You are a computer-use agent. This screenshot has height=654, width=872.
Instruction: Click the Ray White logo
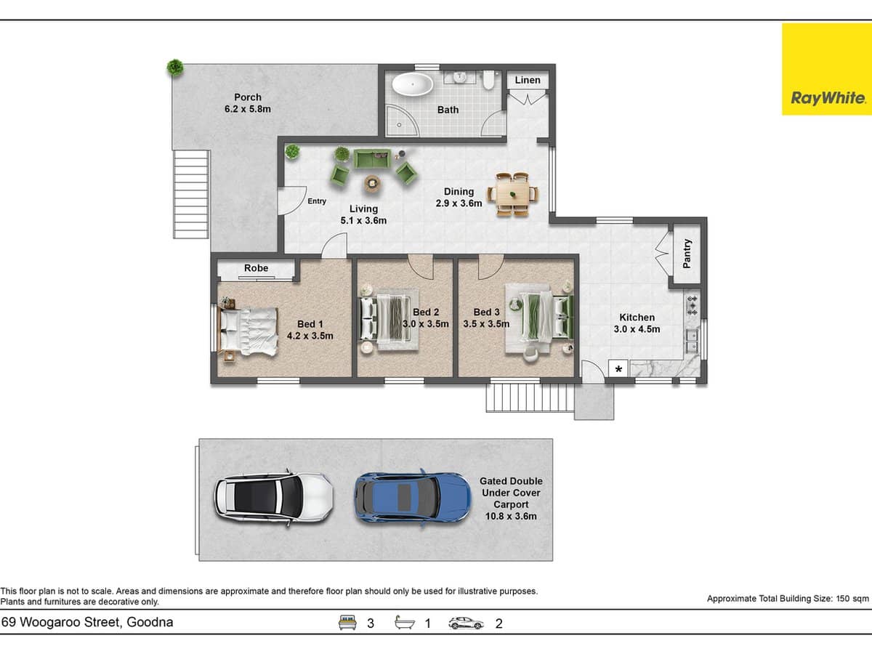coord(827,69)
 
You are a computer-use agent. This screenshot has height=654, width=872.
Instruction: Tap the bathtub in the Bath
coord(412,84)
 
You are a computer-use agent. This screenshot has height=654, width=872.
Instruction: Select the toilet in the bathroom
coord(488,80)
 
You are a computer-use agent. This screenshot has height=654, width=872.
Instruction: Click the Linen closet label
coord(528,80)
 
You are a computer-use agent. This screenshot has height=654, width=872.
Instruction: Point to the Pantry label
coord(687,254)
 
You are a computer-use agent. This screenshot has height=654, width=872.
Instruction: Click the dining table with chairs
coord(513,195)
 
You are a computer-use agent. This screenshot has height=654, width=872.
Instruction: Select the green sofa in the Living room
coord(372,159)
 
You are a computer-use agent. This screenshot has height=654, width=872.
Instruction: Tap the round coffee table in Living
coord(372,183)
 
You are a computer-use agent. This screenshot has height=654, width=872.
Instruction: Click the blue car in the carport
coord(412,498)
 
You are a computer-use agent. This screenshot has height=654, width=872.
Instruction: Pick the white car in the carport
coord(274,498)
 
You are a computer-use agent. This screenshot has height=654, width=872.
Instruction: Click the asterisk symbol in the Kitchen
coord(618,369)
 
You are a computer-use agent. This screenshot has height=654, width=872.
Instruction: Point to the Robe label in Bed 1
coord(257,268)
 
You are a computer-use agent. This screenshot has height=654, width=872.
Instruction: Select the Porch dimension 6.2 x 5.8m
coord(248,109)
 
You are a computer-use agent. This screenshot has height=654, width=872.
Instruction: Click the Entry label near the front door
coord(317,201)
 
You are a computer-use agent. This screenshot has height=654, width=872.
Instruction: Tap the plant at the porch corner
coord(175,68)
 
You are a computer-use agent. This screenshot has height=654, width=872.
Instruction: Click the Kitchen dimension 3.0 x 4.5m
coord(637,329)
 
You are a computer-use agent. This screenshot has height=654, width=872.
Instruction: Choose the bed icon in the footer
coord(347,622)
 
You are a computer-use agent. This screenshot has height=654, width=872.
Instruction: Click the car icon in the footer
coord(466,623)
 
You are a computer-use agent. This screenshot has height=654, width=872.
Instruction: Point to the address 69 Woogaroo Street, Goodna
coord(87,622)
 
